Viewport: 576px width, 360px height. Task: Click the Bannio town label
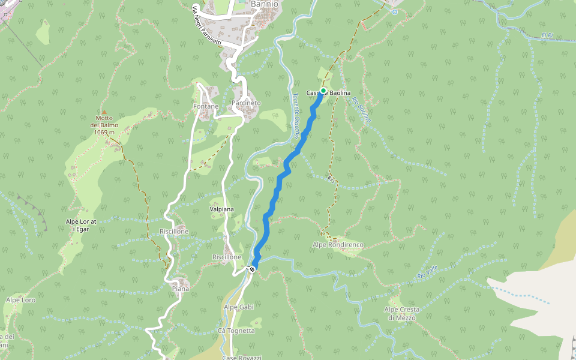click(265, 4)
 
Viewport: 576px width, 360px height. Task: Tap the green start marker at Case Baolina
click(323, 91)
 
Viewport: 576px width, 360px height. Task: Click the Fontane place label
click(206, 106)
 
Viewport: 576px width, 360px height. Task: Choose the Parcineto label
click(246, 103)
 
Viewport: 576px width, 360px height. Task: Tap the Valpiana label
click(221, 209)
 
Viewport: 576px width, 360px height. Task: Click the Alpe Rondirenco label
click(338, 245)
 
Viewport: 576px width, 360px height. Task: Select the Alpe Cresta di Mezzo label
click(402, 313)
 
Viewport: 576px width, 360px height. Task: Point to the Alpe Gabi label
click(239, 307)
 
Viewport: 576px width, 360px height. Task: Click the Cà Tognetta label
click(236, 331)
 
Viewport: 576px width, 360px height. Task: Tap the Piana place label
click(181, 289)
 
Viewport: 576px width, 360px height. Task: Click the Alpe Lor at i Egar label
click(80, 225)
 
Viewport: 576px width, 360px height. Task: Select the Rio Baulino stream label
click(362, 110)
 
